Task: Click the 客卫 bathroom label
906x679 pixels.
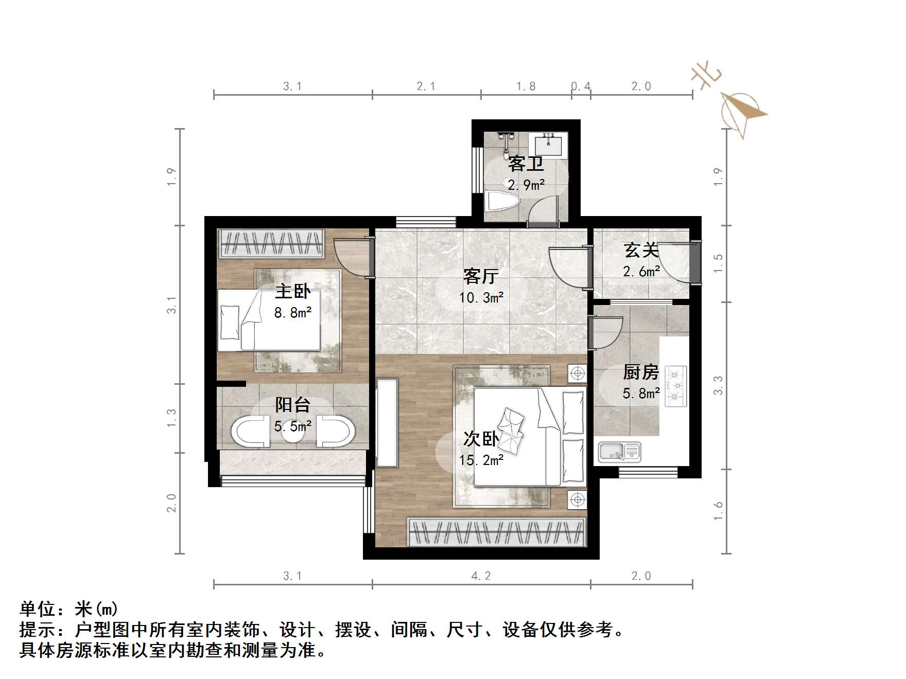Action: (x=526, y=164)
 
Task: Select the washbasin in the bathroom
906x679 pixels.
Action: (x=550, y=144)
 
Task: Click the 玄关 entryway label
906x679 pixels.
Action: (x=641, y=251)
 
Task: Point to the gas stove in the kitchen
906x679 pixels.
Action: (x=676, y=386)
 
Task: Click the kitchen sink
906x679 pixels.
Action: (x=619, y=452)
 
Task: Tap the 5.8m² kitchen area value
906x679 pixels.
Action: (x=641, y=394)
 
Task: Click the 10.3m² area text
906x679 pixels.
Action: (x=481, y=297)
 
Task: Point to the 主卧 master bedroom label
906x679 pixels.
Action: (x=292, y=291)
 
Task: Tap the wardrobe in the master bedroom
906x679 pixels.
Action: (x=272, y=243)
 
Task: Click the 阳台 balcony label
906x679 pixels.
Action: (x=292, y=405)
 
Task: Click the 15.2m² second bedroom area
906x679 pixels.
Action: (x=481, y=460)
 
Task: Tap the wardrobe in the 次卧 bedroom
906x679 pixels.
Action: (x=497, y=531)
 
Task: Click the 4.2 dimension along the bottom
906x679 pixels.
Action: (x=481, y=576)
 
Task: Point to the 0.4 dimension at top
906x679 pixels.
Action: (x=581, y=86)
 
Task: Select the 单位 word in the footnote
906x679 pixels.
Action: (x=37, y=609)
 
